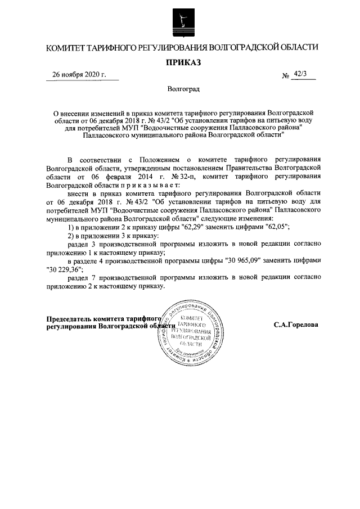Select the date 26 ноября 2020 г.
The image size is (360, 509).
[x=79, y=75]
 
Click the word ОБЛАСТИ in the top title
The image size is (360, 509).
[x=295, y=47]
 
